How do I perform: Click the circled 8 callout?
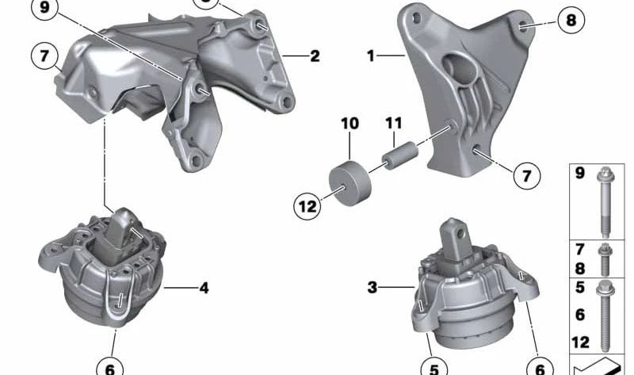pos(571,20)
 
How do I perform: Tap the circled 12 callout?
pos(307,207)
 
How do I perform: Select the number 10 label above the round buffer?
pos(349,124)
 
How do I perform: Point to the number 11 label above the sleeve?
pos(393,123)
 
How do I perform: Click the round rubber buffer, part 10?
pos(349,183)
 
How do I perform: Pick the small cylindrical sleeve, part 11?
pos(399,155)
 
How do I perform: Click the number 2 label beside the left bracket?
pos(315,55)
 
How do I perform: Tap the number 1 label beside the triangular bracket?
pos(371,55)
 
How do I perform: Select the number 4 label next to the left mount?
pos(204,288)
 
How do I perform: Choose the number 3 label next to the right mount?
pos(372,287)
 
